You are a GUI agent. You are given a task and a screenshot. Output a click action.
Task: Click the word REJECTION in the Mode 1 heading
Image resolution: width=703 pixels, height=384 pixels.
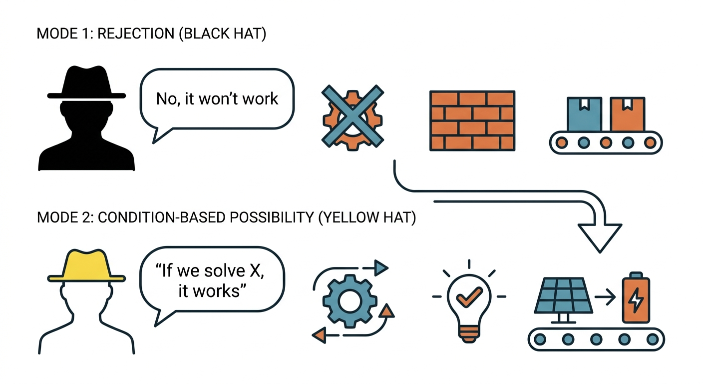tap(136, 33)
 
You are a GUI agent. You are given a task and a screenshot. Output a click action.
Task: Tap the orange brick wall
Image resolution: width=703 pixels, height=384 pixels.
tap(472, 120)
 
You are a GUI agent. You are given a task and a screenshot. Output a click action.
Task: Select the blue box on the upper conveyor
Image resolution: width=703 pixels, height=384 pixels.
tap(584, 114)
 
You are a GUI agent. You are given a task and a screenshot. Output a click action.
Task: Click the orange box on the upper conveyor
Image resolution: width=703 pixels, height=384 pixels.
tap(628, 114)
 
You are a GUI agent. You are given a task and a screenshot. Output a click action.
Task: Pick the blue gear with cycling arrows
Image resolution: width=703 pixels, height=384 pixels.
tap(350, 301)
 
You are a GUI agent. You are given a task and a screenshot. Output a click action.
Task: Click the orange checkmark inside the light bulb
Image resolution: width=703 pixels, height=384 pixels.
tap(469, 296)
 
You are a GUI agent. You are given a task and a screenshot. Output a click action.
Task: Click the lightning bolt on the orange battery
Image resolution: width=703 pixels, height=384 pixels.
tap(636, 300)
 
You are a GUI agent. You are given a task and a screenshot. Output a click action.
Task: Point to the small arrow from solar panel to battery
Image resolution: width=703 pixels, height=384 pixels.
tap(605, 296)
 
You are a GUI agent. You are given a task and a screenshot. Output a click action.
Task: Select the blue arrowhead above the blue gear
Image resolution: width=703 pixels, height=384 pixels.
tap(381, 267)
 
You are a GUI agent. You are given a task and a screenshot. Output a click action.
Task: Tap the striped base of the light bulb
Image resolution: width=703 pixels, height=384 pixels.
tap(469, 334)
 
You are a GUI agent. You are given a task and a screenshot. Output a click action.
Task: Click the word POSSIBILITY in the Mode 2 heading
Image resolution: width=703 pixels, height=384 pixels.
tap(272, 217)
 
